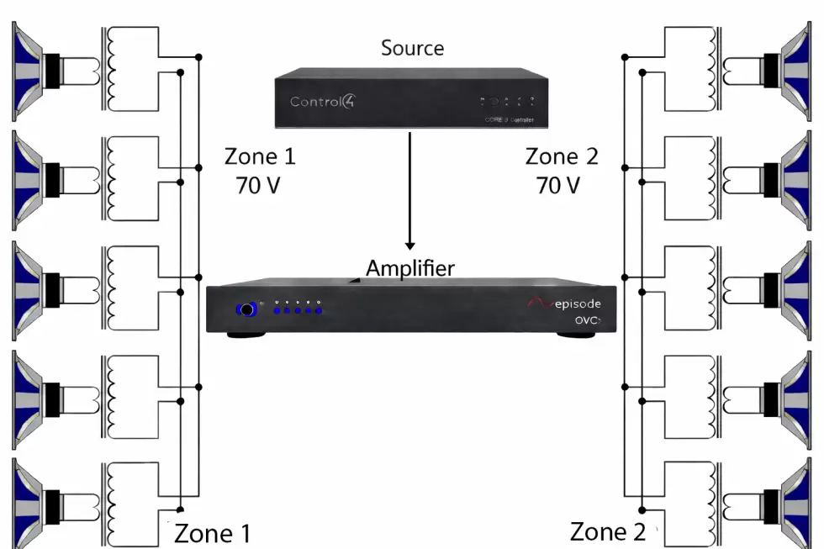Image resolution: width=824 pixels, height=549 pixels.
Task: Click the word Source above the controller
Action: [412, 48]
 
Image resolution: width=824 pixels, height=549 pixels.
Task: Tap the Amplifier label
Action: [409, 268]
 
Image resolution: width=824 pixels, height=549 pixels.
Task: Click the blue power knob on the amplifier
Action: [247, 310]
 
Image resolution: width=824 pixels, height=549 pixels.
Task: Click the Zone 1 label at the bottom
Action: [212, 533]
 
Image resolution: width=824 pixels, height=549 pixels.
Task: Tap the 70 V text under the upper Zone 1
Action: [259, 185]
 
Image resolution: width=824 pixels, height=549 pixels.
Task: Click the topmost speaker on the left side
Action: [34, 65]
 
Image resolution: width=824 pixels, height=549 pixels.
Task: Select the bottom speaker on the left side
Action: [34, 501]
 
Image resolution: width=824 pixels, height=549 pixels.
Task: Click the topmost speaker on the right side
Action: [795, 65]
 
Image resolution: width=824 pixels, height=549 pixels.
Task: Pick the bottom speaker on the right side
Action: [795, 501]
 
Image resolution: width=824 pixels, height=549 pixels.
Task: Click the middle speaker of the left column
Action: [34, 283]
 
